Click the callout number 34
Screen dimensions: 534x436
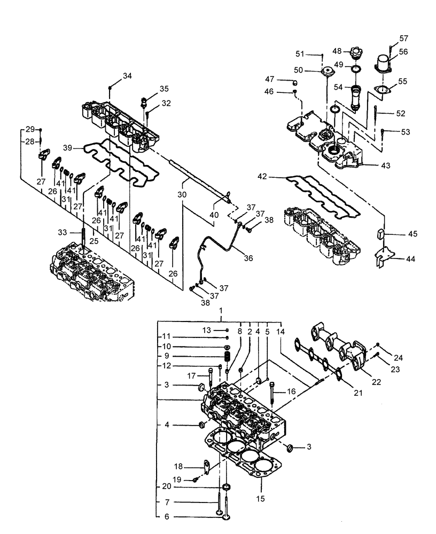point(127,76)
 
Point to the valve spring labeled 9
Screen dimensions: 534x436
point(227,356)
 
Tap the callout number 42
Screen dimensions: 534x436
point(261,176)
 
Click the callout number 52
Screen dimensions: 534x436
point(401,113)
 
